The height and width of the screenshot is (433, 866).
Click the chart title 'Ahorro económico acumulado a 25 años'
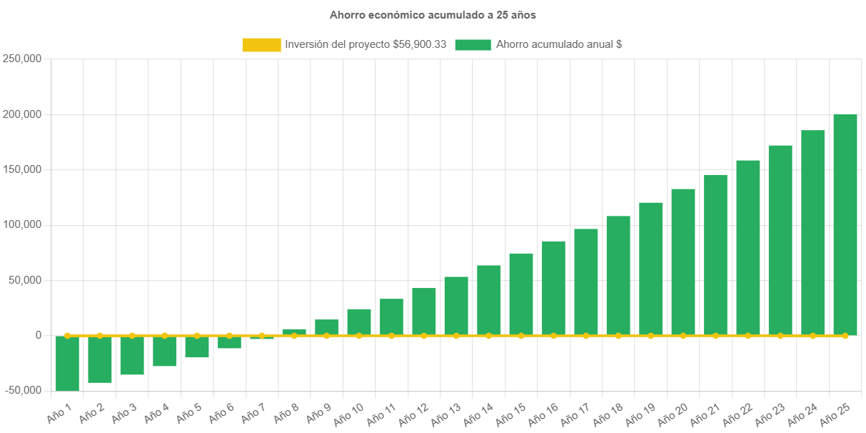tap(433, 14)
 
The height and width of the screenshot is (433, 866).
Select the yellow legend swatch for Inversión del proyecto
tap(261, 45)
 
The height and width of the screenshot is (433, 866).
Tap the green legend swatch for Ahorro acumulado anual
tap(472, 45)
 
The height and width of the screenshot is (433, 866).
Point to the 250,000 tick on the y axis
tap(21, 59)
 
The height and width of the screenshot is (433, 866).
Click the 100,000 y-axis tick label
tap(21, 224)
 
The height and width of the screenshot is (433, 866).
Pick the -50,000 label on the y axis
tap(21, 390)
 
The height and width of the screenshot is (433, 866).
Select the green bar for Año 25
tap(845, 224)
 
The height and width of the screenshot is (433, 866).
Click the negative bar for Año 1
tap(67, 363)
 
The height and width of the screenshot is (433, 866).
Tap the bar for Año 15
tap(521, 294)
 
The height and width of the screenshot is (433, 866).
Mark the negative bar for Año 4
tap(164, 351)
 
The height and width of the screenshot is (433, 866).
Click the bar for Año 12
tap(424, 312)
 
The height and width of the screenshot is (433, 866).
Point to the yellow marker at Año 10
tap(359, 335)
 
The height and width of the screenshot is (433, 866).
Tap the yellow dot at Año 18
tap(618, 335)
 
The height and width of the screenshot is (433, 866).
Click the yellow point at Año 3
tap(132, 335)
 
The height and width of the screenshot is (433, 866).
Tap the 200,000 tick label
tap(21, 114)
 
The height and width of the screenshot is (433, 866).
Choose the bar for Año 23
tap(780, 240)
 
